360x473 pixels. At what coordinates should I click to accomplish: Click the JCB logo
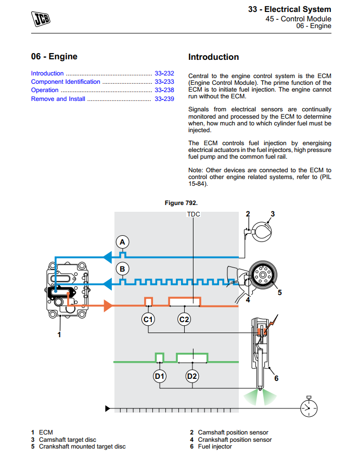click(41, 19)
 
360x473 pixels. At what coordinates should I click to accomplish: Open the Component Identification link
click(66, 82)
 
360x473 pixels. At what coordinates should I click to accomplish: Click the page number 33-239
click(164, 99)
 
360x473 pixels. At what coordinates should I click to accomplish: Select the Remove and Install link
click(58, 99)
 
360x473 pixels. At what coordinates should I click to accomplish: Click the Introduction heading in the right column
click(213, 57)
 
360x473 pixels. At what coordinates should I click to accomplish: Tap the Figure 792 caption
click(181, 203)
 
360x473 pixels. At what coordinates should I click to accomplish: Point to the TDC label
click(194, 214)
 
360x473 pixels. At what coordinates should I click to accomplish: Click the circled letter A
click(122, 242)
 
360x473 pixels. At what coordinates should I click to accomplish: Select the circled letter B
click(122, 269)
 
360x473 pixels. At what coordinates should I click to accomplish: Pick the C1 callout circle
click(148, 319)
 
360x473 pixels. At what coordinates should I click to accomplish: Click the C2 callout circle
click(184, 319)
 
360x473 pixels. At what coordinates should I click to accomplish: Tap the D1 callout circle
click(160, 376)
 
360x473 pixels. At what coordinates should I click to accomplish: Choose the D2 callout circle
click(192, 376)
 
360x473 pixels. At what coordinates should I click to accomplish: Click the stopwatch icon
click(308, 407)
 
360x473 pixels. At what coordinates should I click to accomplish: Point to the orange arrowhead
click(108, 306)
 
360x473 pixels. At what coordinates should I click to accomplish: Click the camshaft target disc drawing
click(261, 232)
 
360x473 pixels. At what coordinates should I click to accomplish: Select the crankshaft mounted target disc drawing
click(263, 275)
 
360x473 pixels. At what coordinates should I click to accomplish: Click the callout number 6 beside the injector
click(276, 378)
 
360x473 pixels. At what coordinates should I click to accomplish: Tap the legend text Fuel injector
click(215, 446)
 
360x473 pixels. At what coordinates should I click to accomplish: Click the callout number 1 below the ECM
click(59, 335)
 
